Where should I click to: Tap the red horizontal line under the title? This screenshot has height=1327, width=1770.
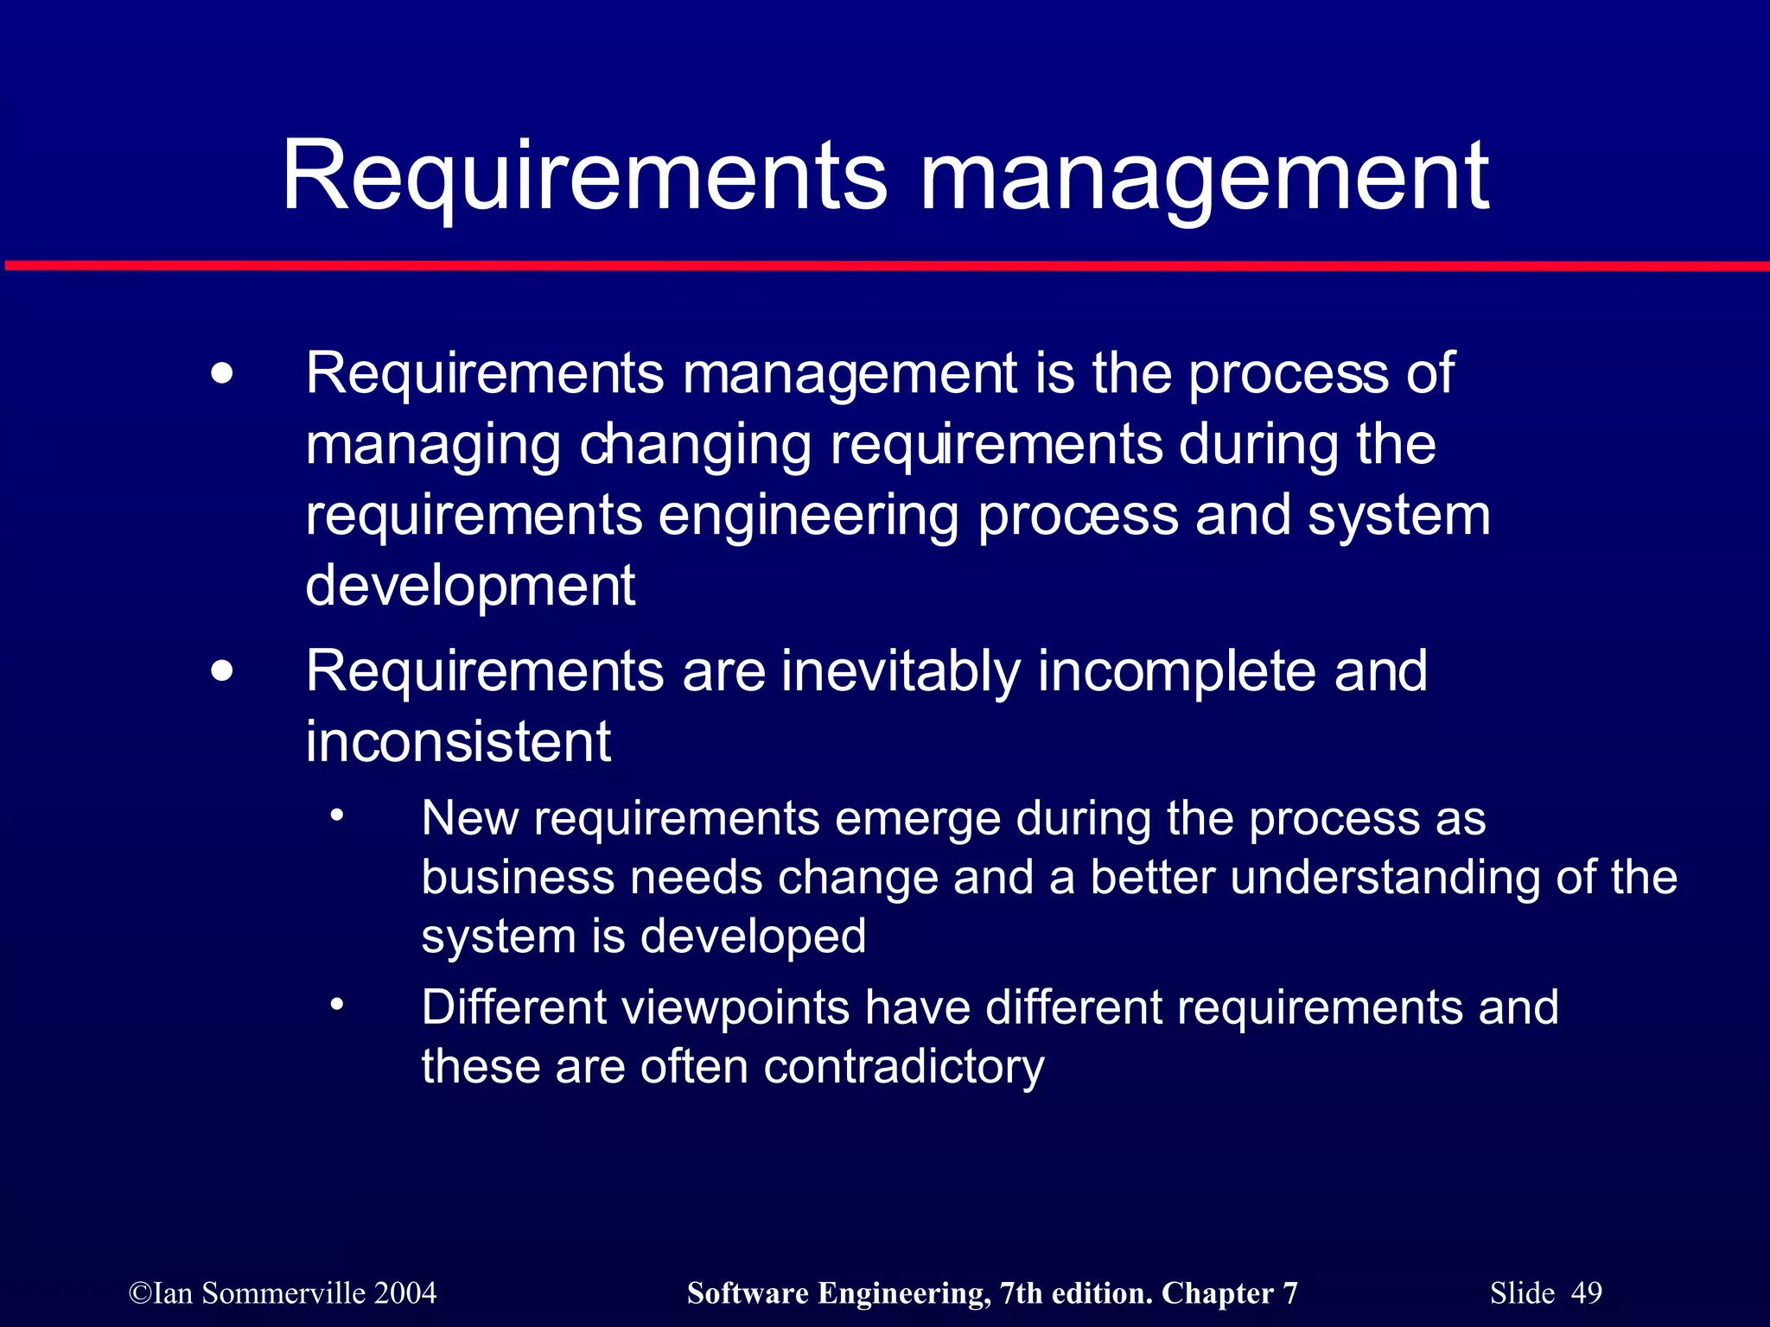(x=885, y=265)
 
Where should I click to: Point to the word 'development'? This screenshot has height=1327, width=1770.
(x=470, y=587)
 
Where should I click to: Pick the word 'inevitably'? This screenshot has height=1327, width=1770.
(x=901, y=671)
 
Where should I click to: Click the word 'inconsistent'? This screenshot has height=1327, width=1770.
(x=458, y=742)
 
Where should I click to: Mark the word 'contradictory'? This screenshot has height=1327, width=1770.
(x=904, y=1067)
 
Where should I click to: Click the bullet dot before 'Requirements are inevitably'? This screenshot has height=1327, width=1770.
(x=222, y=671)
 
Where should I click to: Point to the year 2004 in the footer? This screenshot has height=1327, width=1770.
(x=405, y=1293)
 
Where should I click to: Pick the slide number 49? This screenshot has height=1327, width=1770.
(x=1586, y=1293)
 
